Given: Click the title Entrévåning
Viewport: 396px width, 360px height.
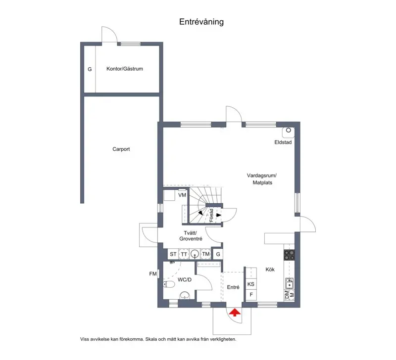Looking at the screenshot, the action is click(201, 22).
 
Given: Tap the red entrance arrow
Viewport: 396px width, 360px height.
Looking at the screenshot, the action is click(235, 313).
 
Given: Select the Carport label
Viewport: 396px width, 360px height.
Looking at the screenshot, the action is click(121, 149).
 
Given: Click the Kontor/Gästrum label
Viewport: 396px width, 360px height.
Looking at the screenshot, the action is click(125, 69).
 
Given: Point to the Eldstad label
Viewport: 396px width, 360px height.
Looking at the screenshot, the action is click(283, 142).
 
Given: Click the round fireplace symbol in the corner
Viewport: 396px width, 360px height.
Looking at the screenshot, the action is click(289, 130).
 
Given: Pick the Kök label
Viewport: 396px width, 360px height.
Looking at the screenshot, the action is click(270, 270).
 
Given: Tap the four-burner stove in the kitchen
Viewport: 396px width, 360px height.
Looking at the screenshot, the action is click(289, 255).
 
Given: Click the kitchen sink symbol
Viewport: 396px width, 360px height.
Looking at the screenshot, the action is click(289, 283).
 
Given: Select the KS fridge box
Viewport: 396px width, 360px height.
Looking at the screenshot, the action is click(251, 284).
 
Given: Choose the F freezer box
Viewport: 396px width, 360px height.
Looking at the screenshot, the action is click(251, 295).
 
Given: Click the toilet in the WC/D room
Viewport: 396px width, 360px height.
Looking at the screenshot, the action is click(169, 284).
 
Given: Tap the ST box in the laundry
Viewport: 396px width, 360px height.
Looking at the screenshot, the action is click(173, 254).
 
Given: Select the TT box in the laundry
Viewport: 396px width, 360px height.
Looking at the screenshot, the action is click(184, 254).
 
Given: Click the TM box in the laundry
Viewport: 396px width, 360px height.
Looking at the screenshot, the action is click(206, 254).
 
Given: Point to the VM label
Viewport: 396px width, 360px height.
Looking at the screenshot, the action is click(182, 195).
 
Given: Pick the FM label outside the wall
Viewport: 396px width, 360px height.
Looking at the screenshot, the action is click(153, 274).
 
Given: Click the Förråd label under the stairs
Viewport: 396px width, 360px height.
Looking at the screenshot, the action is click(212, 215).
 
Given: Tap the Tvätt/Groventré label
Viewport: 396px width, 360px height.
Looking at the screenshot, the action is click(191, 235).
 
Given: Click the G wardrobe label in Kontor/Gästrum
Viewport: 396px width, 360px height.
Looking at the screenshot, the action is click(90, 69).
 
